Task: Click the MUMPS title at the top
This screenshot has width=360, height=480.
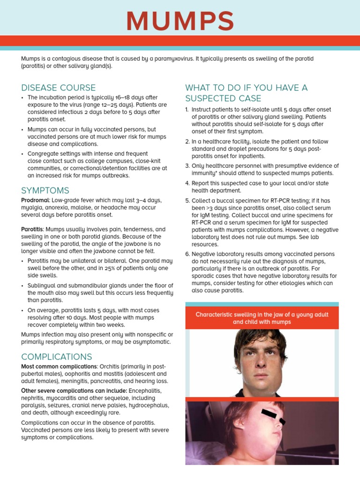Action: pos(180,22)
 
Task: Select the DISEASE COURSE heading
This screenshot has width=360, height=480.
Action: pos(58,88)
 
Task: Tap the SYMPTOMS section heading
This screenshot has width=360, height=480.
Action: pos(45,190)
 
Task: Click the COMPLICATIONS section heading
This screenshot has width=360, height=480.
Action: pos(57,357)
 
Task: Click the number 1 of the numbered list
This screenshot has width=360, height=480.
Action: pos(187,110)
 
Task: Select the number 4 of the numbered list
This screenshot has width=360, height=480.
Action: pos(187,183)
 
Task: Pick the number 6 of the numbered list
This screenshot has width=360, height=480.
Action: pos(187,254)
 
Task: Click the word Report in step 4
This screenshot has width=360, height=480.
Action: pos(201,183)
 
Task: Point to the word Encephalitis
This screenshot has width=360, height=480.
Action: pos(145,390)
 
